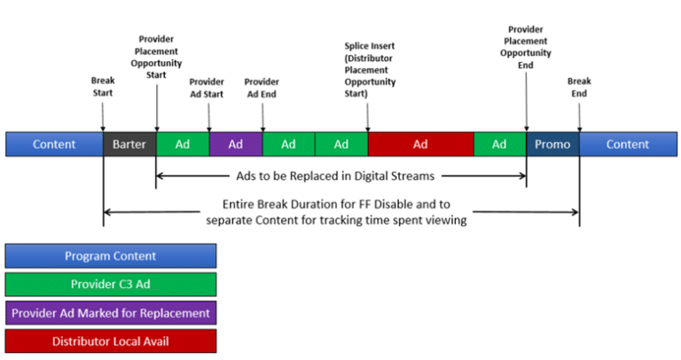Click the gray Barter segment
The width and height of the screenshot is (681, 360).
click(x=129, y=145)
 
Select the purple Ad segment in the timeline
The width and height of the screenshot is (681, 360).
click(x=236, y=145)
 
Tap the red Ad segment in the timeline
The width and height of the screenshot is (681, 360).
click(x=420, y=145)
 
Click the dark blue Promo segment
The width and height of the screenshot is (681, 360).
click(x=552, y=145)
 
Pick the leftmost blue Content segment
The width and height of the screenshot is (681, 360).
click(x=54, y=145)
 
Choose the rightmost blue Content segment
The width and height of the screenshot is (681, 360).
click(x=627, y=145)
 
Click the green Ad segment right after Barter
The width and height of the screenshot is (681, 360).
click(x=183, y=145)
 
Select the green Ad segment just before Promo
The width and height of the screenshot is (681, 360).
click(x=499, y=145)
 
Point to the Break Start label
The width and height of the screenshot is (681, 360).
click(x=103, y=86)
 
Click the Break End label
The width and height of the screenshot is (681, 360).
click(x=579, y=86)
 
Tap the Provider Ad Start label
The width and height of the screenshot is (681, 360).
click(x=207, y=86)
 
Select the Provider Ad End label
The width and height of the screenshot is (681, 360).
click(x=262, y=86)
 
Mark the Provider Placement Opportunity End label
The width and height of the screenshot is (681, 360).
click(x=526, y=46)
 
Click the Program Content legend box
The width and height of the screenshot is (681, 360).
click(x=111, y=256)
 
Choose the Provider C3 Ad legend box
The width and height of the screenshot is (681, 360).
click(x=111, y=284)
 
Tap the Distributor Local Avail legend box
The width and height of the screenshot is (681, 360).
click(x=111, y=340)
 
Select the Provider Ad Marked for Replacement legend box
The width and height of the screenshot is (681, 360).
click(x=111, y=312)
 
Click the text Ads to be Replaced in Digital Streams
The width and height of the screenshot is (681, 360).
click(x=340, y=175)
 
